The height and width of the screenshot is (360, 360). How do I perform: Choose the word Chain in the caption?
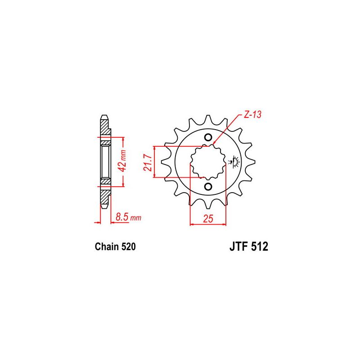pos(106,247)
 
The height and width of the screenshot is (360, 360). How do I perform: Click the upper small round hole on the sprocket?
pos(208,137)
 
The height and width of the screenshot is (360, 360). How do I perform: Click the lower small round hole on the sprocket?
pos(208,186)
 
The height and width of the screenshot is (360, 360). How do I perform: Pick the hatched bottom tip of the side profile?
pos(104,205)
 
